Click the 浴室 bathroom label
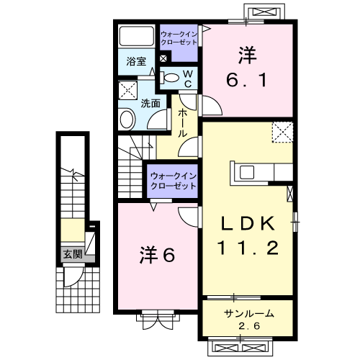coord(136,61)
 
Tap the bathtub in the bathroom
coord(137,36)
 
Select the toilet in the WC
coord(169,78)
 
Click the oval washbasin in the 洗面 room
coord(127,119)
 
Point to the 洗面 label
coord(150,104)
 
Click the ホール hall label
coord(182,123)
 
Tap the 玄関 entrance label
coord(73,254)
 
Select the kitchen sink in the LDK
coord(247,172)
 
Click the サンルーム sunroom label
coord(249,314)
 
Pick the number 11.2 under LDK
coord(248,248)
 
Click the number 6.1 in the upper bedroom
coord(247,80)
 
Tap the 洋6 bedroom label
coord(157,255)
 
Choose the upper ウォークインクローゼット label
coord(179,38)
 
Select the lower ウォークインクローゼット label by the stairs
coord(174,181)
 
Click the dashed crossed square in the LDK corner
coord(282,132)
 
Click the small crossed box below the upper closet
coord(163,58)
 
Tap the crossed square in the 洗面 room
coord(128,90)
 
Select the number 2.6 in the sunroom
coord(249,326)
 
